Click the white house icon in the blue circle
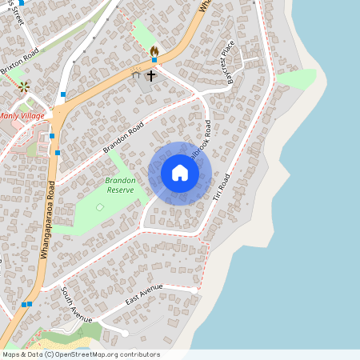(x=180, y=173)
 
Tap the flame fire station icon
(x=154, y=50)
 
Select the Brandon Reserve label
(x=120, y=185)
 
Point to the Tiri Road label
(x=218, y=193)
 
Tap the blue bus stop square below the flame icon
(x=154, y=60)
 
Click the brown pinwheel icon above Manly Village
(x=24, y=86)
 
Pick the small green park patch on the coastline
(x=298, y=78)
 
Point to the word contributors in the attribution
(x=141, y=354)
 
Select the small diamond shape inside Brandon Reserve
(x=100, y=207)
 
